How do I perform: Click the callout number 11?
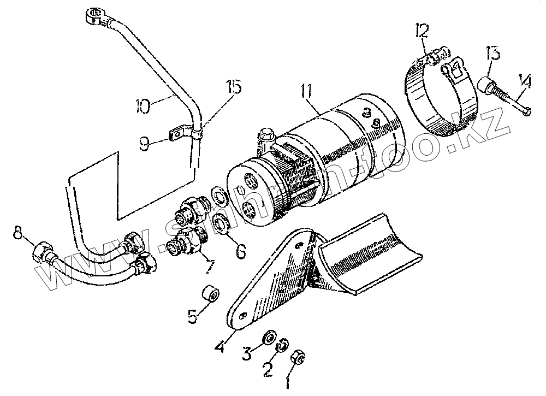point(306,92)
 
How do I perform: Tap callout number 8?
point(19,232)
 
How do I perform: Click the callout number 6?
point(240,251)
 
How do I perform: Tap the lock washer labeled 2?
point(282,345)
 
